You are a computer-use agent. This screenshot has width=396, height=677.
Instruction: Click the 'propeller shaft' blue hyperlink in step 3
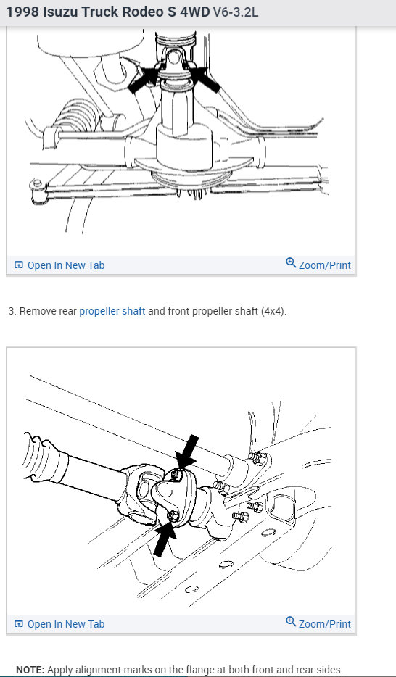click(x=112, y=311)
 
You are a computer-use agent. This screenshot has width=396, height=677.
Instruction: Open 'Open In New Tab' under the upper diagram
click(x=66, y=265)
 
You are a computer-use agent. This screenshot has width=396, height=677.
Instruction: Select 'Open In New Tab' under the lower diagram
click(x=66, y=624)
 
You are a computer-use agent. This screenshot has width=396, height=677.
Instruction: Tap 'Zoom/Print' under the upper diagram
click(x=325, y=265)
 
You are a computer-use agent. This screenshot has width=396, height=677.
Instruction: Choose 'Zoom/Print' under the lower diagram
click(x=325, y=624)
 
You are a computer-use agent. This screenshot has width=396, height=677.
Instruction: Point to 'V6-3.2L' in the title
click(x=236, y=12)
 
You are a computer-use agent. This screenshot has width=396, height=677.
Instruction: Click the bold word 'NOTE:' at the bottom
click(x=30, y=670)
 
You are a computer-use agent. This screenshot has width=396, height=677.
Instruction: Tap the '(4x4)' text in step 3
click(x=273, y=311)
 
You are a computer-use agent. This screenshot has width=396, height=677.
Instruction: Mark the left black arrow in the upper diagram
click(x=144, y=80)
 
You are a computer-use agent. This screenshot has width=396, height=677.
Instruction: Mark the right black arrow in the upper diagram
click(x=205, y=80)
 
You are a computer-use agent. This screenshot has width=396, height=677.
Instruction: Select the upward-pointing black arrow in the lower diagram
click(x=165, y=539)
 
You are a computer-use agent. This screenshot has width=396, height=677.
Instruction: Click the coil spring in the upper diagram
click(x=78, y=116)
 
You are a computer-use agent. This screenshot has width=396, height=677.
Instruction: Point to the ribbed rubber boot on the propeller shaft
click(x=41, y=454)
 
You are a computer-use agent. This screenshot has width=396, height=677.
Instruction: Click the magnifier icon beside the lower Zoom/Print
click(x=291, y=621)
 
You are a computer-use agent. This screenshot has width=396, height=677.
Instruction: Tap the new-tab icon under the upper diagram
click(x=19, y=265)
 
